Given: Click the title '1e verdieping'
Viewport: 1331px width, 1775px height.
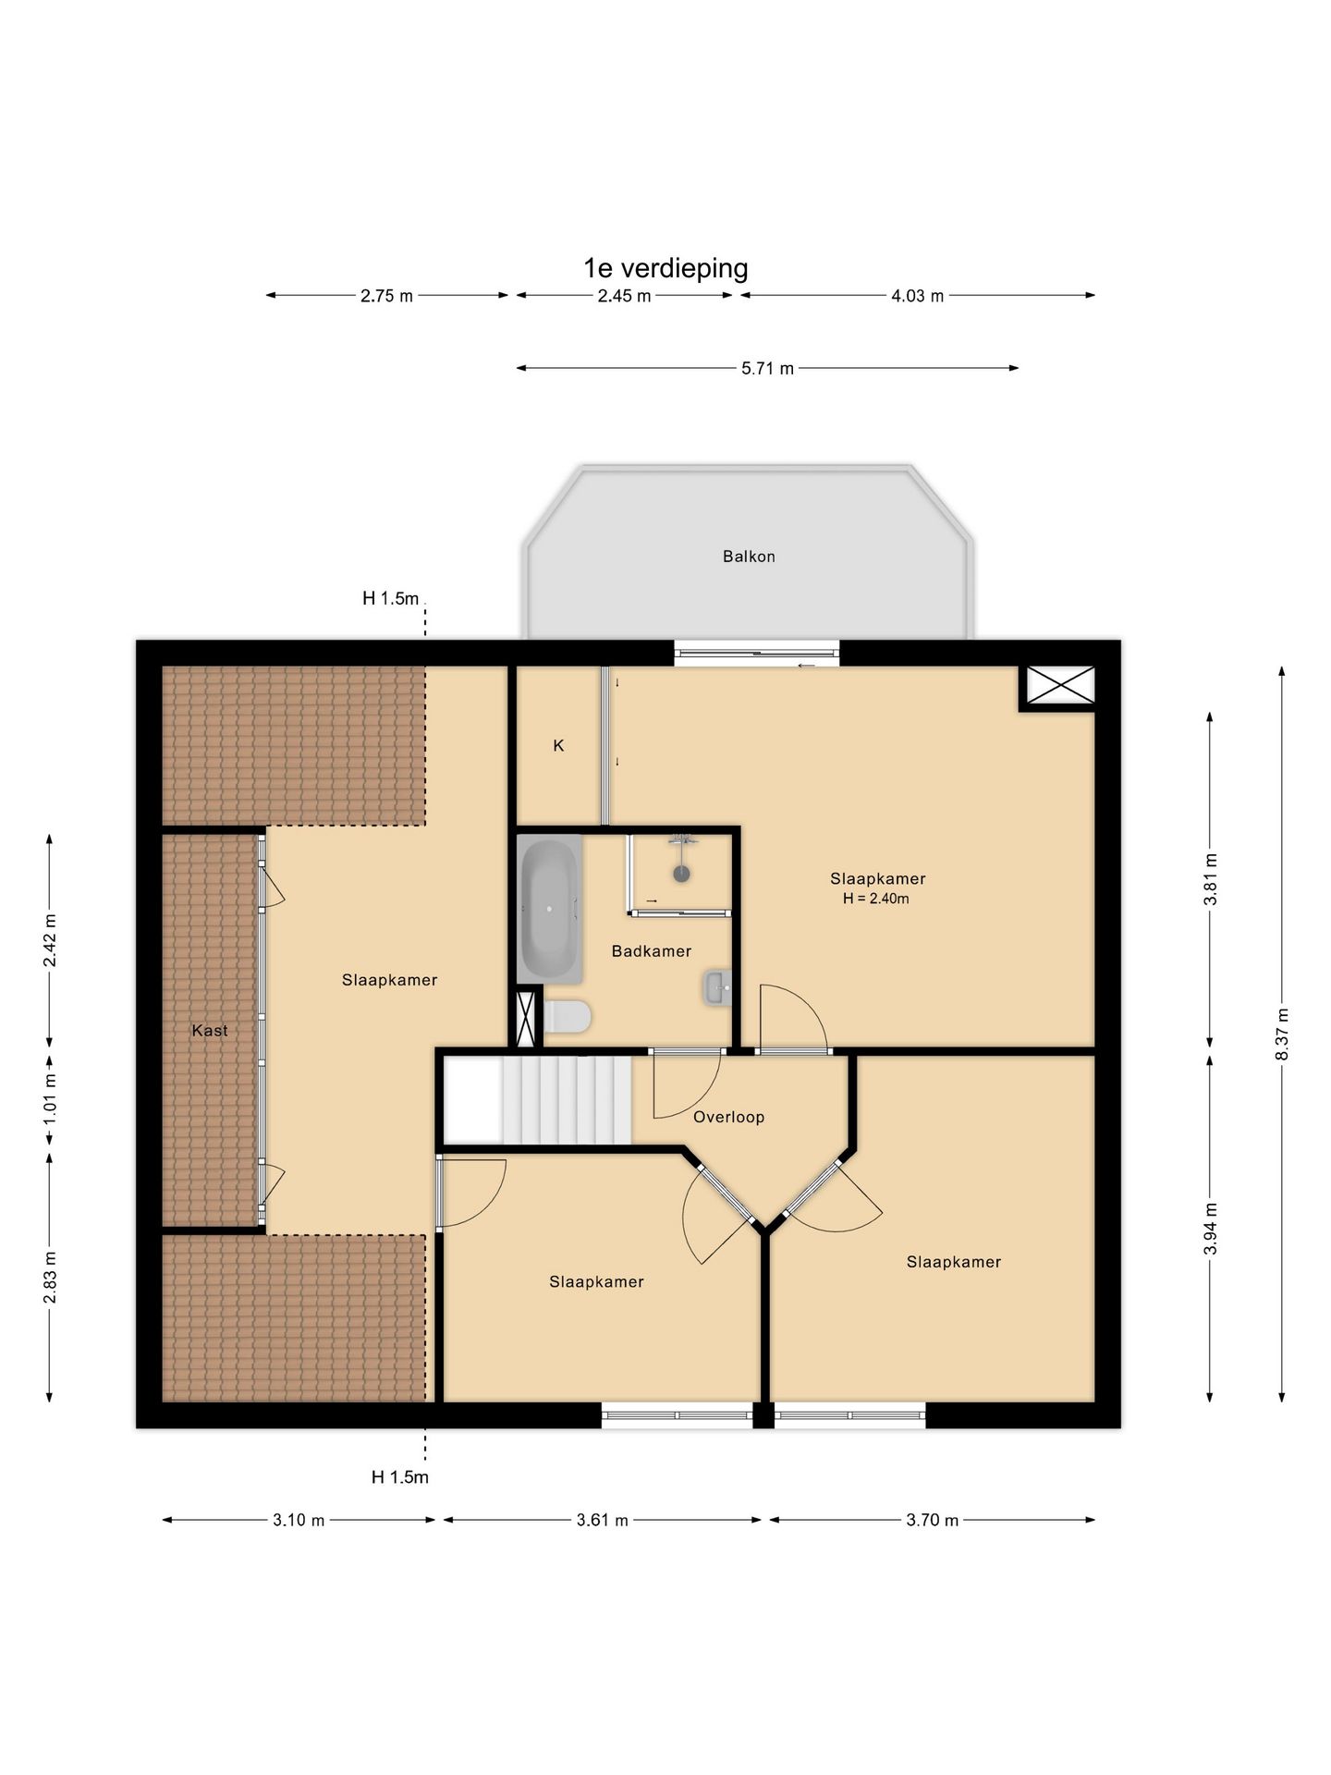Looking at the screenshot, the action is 665,268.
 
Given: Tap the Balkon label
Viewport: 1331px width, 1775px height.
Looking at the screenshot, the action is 749,557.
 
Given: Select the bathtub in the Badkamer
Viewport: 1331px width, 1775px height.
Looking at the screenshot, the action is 550,909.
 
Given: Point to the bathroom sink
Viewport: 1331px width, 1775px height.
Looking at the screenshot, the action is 717,987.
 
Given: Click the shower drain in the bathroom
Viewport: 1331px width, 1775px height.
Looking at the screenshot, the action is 682,873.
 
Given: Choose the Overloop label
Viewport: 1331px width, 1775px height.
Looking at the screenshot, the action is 729,1117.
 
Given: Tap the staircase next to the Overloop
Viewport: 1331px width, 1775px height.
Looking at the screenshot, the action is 538,1100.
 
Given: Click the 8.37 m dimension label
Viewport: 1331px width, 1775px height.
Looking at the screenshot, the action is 1282,1034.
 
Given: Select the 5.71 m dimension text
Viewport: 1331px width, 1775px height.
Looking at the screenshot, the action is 767,368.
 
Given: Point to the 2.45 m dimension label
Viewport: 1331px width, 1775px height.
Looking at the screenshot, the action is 624,296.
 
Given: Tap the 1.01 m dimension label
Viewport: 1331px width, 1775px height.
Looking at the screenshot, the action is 50,1098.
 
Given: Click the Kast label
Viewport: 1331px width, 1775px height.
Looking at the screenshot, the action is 210,1031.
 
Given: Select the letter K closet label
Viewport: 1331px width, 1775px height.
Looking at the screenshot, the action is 558,745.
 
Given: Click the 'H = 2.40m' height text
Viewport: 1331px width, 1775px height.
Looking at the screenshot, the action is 876,899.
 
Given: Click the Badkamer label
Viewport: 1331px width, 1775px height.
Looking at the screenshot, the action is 652,951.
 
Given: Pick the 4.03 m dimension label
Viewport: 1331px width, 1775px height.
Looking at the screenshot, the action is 917,296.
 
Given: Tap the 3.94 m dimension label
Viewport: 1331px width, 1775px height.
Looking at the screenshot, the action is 1210,1229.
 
